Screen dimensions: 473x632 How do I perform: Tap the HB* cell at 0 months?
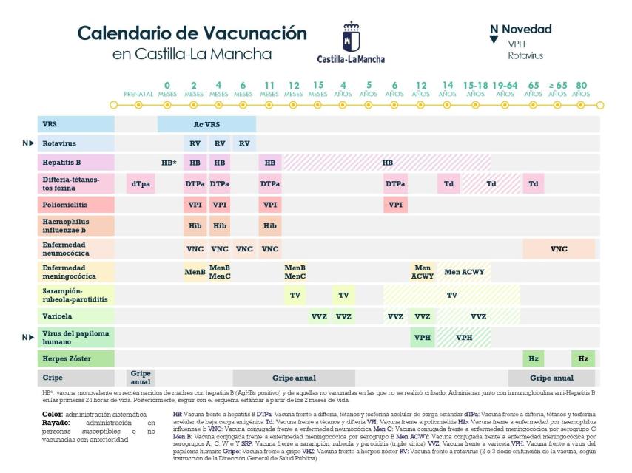(x=169, y=163)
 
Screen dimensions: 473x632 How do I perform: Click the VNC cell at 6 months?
(x=244, y=249)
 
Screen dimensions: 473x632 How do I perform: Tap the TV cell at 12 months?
(x=295, y=294)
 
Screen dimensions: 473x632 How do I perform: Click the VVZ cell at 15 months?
(x=319, y=316)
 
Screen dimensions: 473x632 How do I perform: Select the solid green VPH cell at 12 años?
(x=422, y=337)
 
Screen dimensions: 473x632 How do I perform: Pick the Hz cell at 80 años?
(x=583, y=358)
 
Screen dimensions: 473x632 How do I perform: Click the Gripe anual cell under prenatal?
(x=140, y=378)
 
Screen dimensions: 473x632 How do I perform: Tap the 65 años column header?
(x=534, y=90)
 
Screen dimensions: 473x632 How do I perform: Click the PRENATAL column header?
(x=138, y=95)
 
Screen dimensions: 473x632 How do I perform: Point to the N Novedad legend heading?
(x=521, y=30)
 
